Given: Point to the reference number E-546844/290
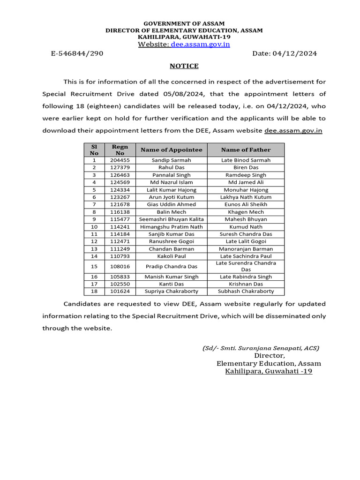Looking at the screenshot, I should point(77,53).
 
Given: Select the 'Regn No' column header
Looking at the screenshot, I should point(120,150).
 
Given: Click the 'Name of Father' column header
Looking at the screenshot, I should point(246,150).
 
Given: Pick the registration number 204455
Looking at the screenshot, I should point(120,160).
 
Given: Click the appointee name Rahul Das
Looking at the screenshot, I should point(172,167).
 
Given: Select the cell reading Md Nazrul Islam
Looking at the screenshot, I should point(172,182).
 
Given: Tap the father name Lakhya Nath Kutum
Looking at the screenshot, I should point(246,197).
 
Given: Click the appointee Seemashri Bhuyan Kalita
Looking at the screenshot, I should point(172,219).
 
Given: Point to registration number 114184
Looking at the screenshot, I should point(120,234).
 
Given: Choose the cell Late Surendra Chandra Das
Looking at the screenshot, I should point(246,266).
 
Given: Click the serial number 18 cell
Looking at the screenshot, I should point(94,291).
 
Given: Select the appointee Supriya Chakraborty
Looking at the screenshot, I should point(172,291).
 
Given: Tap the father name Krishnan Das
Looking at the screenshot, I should point(246,284).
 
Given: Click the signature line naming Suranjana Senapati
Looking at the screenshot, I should point(261,348).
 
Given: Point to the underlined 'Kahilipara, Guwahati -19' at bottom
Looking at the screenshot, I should point(269,371).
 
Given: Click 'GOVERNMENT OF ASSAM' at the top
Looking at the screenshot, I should point(184,23).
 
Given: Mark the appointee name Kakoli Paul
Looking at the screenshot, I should point(172,256).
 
